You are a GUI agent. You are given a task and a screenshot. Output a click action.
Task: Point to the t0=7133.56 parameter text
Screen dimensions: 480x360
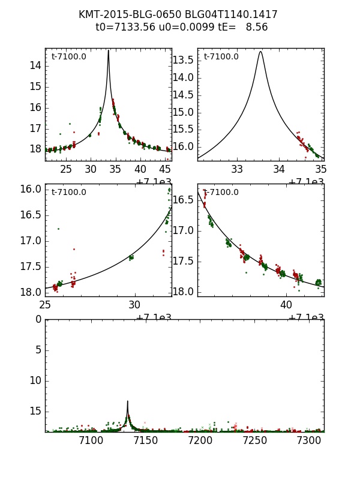(124, 27)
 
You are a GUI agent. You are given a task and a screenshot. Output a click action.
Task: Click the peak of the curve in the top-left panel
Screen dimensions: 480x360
(108, 50)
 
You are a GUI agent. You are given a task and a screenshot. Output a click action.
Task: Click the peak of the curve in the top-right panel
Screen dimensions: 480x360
(260, 52)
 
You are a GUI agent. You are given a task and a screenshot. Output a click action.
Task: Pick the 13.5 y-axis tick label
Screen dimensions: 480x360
(182, 59)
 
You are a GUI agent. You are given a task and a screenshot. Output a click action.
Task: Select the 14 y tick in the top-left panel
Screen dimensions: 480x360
(35, 65)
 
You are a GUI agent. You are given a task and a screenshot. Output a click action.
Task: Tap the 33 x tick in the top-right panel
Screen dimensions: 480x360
(237, 169)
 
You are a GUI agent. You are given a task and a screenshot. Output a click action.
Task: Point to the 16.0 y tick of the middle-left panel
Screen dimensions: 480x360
(31, 189)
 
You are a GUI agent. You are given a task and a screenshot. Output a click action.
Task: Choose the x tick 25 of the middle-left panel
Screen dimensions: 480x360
(45, 305)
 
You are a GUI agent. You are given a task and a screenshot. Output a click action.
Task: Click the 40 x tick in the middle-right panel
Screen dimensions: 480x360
(286, 305)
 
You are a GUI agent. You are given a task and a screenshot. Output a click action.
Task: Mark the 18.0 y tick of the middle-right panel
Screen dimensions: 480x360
(182, 292)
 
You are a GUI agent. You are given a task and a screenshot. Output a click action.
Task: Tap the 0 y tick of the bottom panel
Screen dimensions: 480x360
(38, 319)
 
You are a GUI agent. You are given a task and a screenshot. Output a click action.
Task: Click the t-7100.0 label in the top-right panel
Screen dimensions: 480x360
(221, 57)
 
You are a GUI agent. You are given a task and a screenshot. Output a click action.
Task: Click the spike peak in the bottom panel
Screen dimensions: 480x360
(128, 401)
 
